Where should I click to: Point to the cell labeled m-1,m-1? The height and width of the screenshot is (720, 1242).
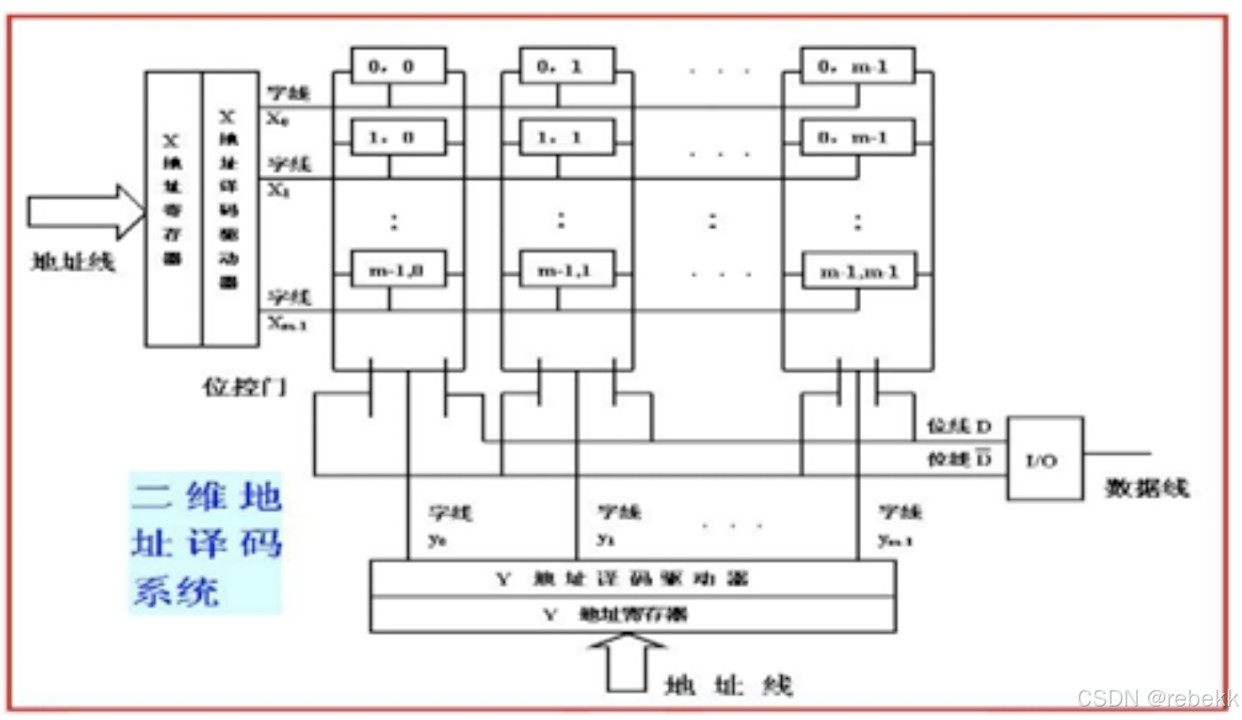[x=858, y=271]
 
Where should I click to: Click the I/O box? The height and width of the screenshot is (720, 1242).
[x=1044, y=459]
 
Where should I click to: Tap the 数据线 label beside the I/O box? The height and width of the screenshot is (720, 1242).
[x=1146, y=487]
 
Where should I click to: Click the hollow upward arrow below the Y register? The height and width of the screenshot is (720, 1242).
[x=627, y=663]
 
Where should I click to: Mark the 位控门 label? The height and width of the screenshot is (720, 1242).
[x=244, y=387]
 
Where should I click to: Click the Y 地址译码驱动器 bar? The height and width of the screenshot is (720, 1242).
[x=632, y=578]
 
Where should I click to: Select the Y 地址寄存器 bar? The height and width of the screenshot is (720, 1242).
[x=632, y=615]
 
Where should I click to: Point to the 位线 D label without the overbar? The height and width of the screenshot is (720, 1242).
[x=959, y=427]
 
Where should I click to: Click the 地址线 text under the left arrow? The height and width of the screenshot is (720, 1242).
[x=72, y=261]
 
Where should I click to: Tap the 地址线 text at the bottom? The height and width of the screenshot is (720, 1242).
[x=728, y=685]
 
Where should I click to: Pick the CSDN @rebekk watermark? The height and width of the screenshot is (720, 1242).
[x=1157, y=698]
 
